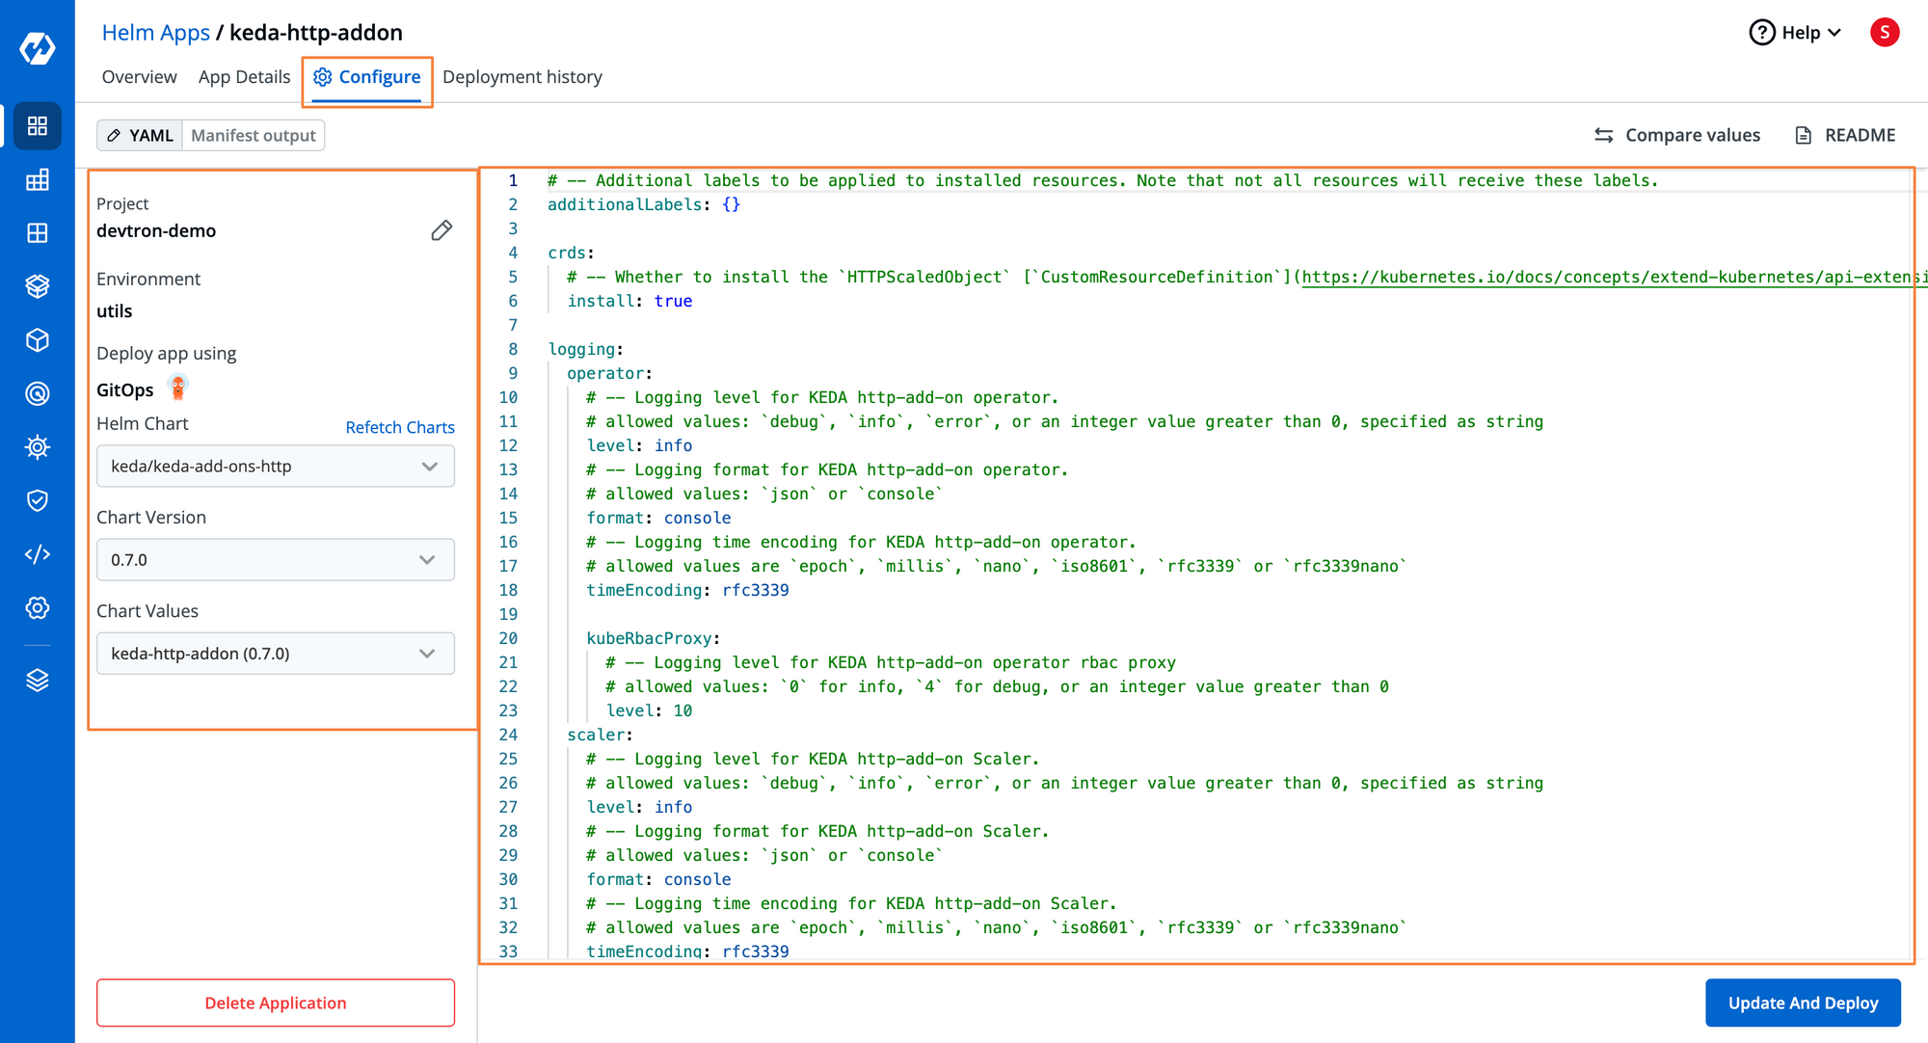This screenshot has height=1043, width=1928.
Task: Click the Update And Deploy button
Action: click(1803, 1003)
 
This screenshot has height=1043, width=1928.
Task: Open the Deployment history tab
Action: click(522, 77)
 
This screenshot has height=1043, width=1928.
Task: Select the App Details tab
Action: click(244, 77)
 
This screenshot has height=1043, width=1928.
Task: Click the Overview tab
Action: click(140, 77)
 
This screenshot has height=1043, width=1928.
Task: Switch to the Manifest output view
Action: click(254, 136)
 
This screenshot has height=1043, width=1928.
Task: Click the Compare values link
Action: click(1677, 135)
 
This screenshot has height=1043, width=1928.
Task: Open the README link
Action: click(1845, 135)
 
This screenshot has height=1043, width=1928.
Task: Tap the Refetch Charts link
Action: click(400, 427)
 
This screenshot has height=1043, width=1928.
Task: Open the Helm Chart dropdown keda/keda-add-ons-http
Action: click(276, 467)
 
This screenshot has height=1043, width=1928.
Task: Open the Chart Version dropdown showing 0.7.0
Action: click(276, 560)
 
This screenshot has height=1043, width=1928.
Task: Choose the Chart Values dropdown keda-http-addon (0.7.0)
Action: click(276, 654)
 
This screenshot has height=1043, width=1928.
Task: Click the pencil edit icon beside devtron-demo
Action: click(442, 230)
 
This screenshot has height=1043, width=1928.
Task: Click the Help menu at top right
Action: click(1795, 33)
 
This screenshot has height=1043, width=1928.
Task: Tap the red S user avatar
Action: click(1885, 33)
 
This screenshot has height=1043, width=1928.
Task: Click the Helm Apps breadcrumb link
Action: click(156, 33)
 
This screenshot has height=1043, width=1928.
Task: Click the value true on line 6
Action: click(673, 301)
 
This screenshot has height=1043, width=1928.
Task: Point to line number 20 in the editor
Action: click(508, 638)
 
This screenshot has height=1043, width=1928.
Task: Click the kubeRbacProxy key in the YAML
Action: click(649, 638)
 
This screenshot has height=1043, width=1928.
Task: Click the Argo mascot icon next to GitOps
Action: click(177, 388)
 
